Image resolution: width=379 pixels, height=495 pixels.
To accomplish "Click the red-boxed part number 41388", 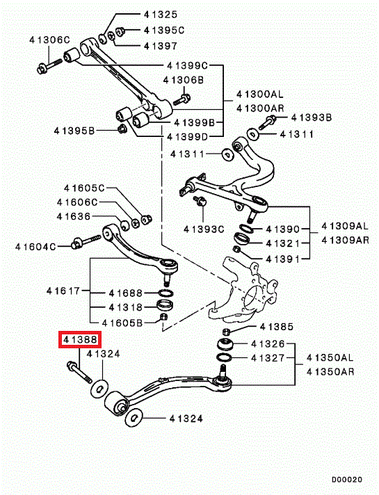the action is pos(80,339).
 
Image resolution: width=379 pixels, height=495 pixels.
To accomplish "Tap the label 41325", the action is pos(161,14).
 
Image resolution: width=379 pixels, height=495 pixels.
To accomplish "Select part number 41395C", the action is pos(164,30).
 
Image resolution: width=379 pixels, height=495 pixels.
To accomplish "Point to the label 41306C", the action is pos(49,40).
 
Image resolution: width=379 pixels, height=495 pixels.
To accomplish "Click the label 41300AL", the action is pos(260,94).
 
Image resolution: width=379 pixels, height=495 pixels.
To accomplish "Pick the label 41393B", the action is pos(312,117).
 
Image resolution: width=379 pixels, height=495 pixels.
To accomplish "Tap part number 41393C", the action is pos(204,229).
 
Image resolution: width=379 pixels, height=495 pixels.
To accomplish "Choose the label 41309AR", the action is pos(345,241).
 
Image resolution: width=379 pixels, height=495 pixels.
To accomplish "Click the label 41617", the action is pos(63,291).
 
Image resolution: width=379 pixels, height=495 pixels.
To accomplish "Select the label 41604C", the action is pos(35,247).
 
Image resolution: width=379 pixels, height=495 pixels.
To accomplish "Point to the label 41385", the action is pos(277,327).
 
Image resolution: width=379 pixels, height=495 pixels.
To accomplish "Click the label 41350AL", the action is pos(330,357).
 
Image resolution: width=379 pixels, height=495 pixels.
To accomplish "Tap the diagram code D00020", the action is pos(347,480).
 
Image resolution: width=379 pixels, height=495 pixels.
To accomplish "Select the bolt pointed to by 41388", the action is pos(79,373).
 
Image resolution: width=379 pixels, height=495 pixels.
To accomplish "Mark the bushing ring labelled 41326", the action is pos(226,344).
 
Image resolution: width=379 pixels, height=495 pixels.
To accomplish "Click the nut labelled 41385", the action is pos(226,332).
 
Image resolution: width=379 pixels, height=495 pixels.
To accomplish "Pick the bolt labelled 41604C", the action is pos(86,241).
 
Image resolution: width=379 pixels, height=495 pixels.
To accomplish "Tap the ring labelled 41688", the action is pos(166,293).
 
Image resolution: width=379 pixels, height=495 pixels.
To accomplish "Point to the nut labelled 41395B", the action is pos(122,129).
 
